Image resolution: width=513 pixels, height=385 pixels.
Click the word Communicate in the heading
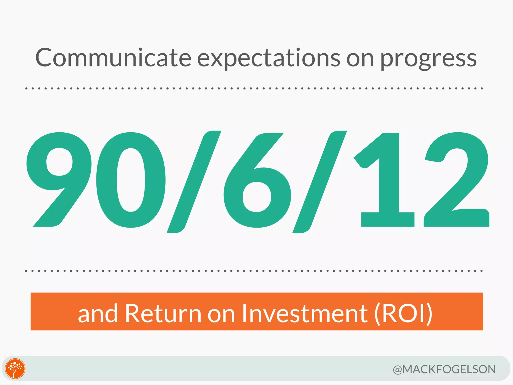pos(113,58)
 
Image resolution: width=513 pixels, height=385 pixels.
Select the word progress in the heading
pos(428,60)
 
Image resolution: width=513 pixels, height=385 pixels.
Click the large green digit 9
pos(59,179)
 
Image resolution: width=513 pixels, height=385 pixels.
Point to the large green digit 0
pos(131,180)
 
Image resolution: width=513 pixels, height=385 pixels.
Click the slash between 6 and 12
pos(320,182)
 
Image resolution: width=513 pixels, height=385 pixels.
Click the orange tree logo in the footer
pos(15,368)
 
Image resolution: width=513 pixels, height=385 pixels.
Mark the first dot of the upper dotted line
pos(26,88)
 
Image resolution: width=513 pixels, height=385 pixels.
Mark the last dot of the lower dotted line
pos(482,271)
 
